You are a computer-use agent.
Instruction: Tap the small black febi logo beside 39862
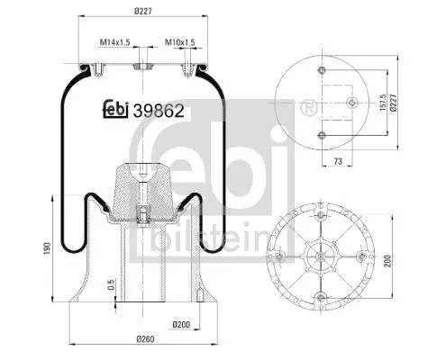(114, 110)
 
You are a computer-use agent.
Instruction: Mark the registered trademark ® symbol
(311, 110)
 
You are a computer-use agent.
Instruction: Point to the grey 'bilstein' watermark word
(213, 238)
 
